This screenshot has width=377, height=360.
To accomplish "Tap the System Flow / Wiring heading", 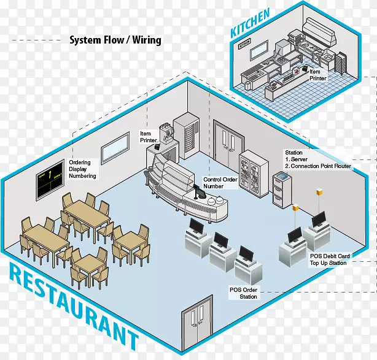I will (x=115, y=40).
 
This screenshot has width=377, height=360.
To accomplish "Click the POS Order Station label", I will (x=244, y=293).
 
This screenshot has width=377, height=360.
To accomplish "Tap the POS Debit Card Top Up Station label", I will (x=328, y=259).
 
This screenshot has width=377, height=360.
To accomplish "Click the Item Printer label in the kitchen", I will (x=318, y=75).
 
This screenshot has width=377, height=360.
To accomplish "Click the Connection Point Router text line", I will (x=317, y=166).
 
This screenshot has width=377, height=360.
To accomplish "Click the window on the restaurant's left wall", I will (x=115, y=145).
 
